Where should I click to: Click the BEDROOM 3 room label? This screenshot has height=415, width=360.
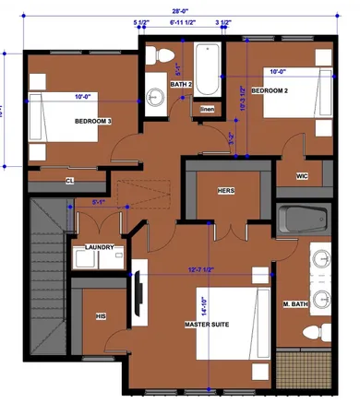tap(93, 120)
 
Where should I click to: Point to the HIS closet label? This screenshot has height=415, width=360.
tap(102, 315)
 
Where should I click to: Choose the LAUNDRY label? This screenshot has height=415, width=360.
tap(99, 247)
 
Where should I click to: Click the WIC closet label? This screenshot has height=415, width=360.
tap(301, 175)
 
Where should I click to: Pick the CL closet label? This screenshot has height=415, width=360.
tap(71, 180)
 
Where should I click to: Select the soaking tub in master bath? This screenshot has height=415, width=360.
tap(303, 222)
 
